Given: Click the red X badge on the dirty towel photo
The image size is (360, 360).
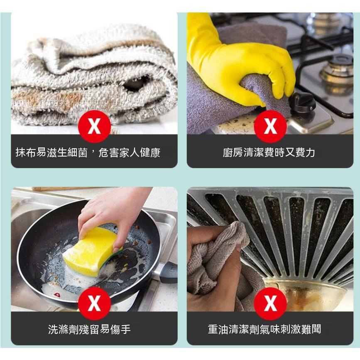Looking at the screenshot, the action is coord(94,127).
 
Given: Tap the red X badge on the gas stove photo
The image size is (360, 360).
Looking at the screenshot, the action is coord(270,127).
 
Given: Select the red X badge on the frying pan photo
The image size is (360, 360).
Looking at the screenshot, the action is coord(94,304).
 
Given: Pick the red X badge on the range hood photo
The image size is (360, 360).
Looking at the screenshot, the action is coord(270,304).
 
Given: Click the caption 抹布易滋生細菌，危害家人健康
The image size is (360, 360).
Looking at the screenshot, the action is coord(88,152).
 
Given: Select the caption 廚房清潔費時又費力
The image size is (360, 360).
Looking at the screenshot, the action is coord(269,152).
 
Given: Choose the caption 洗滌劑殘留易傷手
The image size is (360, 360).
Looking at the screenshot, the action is coord(89,329).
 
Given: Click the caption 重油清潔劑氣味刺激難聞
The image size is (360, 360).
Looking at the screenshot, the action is coord(264,329).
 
